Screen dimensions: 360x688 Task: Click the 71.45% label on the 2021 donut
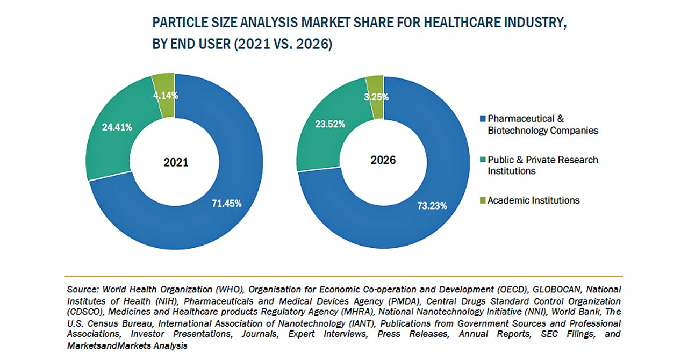(x=226, y=204)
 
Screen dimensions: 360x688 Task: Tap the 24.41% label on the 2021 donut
(x=117, y=127)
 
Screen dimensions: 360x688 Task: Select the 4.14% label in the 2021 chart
(x=165, y=96)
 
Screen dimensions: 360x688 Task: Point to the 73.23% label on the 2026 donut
(x=432, y=206)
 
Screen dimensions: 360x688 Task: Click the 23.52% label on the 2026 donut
(x=330, y=124)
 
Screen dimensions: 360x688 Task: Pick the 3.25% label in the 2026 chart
(x=377, y=97)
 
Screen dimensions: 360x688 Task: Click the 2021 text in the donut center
(x=175, y=162)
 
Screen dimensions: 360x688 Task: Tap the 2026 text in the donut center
(x=383, y=160)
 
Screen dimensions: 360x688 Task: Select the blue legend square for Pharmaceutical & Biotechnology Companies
(x=483, y=119)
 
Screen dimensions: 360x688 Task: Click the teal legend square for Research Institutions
(x=483, y=160)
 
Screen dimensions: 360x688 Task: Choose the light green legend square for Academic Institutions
(x=483, y=200)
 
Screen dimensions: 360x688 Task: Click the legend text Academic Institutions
(x=533, y=200)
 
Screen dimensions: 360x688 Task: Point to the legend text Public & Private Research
(x=542, y=160)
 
